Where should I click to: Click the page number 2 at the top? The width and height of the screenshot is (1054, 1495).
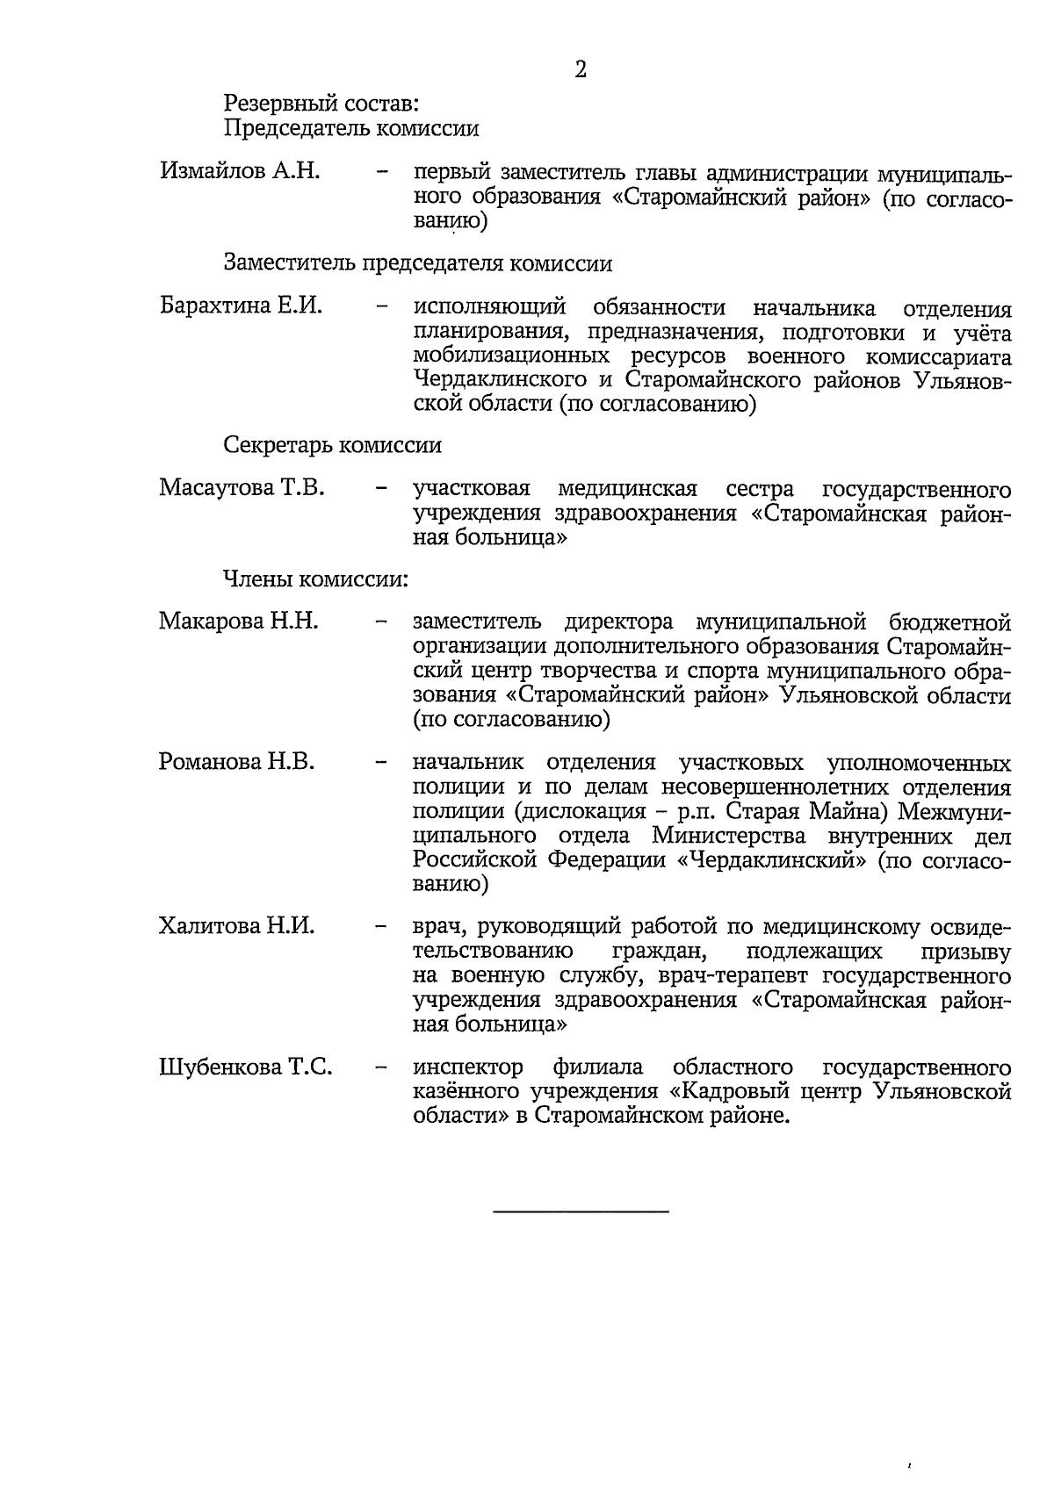click(581, 69)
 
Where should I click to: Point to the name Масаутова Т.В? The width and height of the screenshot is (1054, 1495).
click(242, 487)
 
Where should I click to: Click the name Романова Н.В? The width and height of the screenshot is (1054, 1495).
click(236, 761)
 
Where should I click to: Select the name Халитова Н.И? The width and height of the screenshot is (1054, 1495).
click(236, 925)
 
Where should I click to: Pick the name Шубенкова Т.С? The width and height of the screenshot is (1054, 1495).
click(245, 1067)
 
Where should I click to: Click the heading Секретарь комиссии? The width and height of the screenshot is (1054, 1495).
click(332, 445)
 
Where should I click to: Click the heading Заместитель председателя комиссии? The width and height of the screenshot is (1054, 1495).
click(417, 263)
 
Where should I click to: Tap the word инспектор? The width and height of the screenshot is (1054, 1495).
click(467, 1067)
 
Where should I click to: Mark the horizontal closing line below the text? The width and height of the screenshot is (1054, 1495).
click(581, 1212)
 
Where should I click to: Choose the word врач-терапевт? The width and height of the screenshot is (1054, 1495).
click(739, 976)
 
